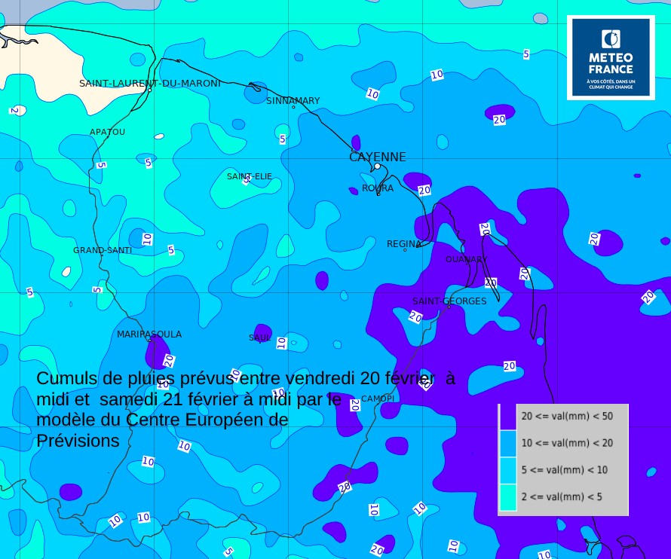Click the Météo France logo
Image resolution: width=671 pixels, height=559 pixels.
[611, 57]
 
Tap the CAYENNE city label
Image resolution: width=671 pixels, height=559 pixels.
[377, 157]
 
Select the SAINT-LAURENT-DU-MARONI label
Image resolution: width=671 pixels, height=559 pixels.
[150, 83]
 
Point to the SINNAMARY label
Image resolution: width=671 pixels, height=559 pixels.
[293, 100]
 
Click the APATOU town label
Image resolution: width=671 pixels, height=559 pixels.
[107, 132]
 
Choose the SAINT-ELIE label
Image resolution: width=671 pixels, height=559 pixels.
[250, 176]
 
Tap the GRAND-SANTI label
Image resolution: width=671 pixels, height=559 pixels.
[103, 250]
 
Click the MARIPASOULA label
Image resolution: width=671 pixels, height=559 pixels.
[149, 334]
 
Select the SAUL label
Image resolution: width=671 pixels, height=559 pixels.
[259, 338]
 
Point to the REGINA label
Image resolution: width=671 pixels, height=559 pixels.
[404, 244]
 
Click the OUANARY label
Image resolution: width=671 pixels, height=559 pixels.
[466, 259]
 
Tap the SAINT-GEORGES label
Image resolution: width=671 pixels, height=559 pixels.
[449, 301]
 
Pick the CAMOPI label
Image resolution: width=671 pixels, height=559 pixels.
[377, 398]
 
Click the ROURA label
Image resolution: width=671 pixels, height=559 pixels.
[377, 188]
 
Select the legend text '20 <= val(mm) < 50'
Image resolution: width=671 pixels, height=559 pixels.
[567, 415]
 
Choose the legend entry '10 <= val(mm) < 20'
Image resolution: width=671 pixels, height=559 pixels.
[567, 442]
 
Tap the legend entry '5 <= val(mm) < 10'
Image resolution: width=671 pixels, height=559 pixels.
[564, 469]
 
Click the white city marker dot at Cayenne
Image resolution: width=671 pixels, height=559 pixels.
[377, 166]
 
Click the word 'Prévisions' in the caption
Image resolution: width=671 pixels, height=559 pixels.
[78, 441]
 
